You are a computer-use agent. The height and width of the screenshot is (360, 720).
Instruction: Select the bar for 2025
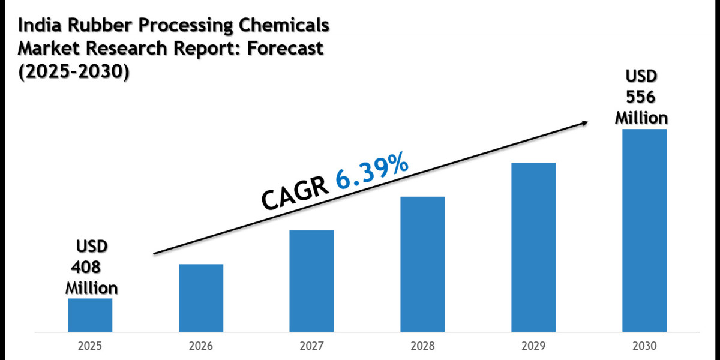(90, 314)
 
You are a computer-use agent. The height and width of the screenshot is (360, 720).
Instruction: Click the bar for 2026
(201, 298)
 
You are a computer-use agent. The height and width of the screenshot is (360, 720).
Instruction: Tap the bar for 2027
(311, 281)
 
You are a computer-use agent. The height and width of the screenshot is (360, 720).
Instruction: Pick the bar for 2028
(422, 264)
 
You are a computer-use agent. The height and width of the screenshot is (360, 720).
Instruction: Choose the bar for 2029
(533, 247)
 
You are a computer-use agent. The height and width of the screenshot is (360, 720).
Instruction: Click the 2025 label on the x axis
(90, 346)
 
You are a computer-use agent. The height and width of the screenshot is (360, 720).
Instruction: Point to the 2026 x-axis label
(201, 346)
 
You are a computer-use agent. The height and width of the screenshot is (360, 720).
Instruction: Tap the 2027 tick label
(311, 346)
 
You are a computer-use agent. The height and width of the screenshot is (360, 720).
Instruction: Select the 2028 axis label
(422, 346)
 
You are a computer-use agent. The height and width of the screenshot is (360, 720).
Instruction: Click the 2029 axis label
(533, 346)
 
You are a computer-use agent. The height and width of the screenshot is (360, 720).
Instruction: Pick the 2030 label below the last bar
(644, 346)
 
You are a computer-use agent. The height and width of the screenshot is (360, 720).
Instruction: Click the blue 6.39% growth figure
(372, 172)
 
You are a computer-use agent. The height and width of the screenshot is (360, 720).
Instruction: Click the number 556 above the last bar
(641, 96)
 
